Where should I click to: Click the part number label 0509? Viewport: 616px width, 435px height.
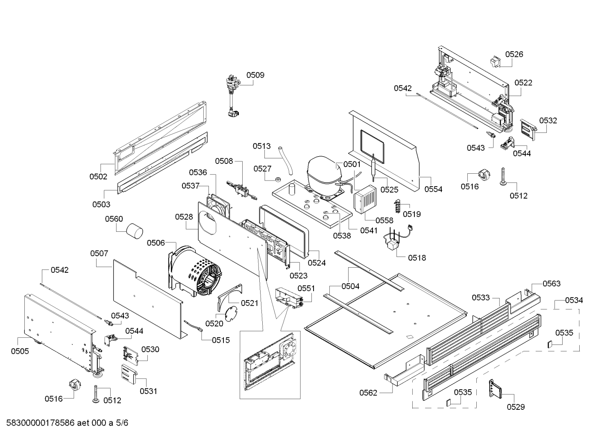pyautogui.click(x=255, y=75)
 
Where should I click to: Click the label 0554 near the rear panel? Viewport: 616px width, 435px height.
pyautogui.click(x=433, y=189)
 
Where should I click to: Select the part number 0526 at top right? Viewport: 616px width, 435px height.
pyautogui.click(x=514, y=54)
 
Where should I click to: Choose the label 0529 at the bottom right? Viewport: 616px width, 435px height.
pyautogui.click(x=516, y=407)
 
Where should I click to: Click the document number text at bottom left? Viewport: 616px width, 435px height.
pyautogui.click(x=65, y=423)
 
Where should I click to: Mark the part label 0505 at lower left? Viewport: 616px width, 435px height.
pyautogui.click(x=20, y=351)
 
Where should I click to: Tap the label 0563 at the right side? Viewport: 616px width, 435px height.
pyautogui.click(x=551, y=283)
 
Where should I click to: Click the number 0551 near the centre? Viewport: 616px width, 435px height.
pyautogui.click(x=306, y=288)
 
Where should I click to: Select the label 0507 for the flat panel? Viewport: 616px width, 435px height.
pyautogui.click(x=99, y=254)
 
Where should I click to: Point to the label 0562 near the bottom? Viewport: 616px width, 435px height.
pyautogui.click(x=368, y=393)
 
